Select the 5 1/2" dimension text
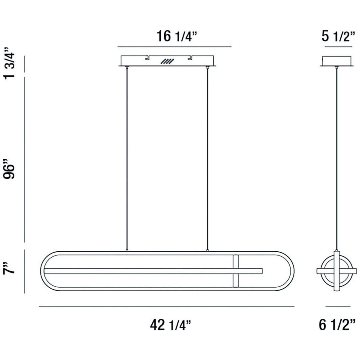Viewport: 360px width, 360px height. click(338, 36)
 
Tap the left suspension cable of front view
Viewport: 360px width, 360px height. click(126, 157)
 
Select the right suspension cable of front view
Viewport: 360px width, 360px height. click(207, 157)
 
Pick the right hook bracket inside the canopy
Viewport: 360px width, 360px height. click(189, 58)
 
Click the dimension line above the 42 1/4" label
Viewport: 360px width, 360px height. click(167, 307)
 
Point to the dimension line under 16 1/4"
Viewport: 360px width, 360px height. click(174, 46)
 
